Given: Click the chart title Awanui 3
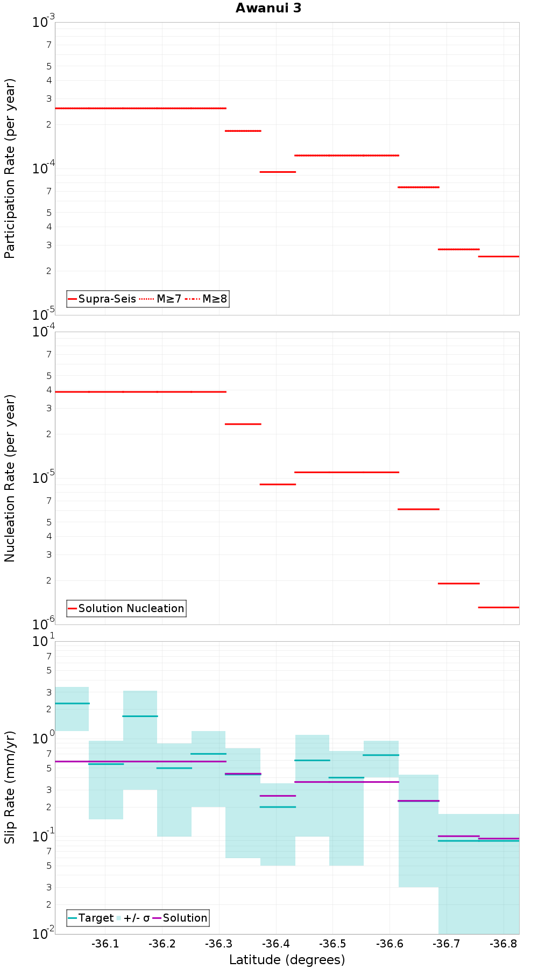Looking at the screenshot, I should coord(268,8).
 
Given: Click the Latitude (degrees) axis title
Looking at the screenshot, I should coord(287,960).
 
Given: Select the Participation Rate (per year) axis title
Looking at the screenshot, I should coord(10,168).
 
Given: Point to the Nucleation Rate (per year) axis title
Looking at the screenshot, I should coord(10,478).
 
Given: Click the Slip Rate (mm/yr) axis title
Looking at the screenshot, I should coord(10,788).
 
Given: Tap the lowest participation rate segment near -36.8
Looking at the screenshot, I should coord(499,256).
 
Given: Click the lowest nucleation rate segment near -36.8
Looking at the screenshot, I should coord(499,607).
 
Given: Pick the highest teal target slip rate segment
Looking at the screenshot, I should coord(72,703).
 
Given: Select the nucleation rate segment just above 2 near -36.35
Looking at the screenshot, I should coord(243,424).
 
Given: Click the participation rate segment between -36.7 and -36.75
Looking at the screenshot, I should coord(458,249).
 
